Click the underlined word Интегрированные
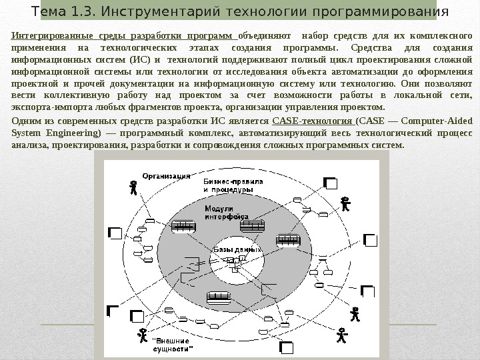point(49,35)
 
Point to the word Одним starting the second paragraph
point(26,120)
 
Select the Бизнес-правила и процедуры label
point(228,185)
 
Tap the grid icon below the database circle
point(218,296)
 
